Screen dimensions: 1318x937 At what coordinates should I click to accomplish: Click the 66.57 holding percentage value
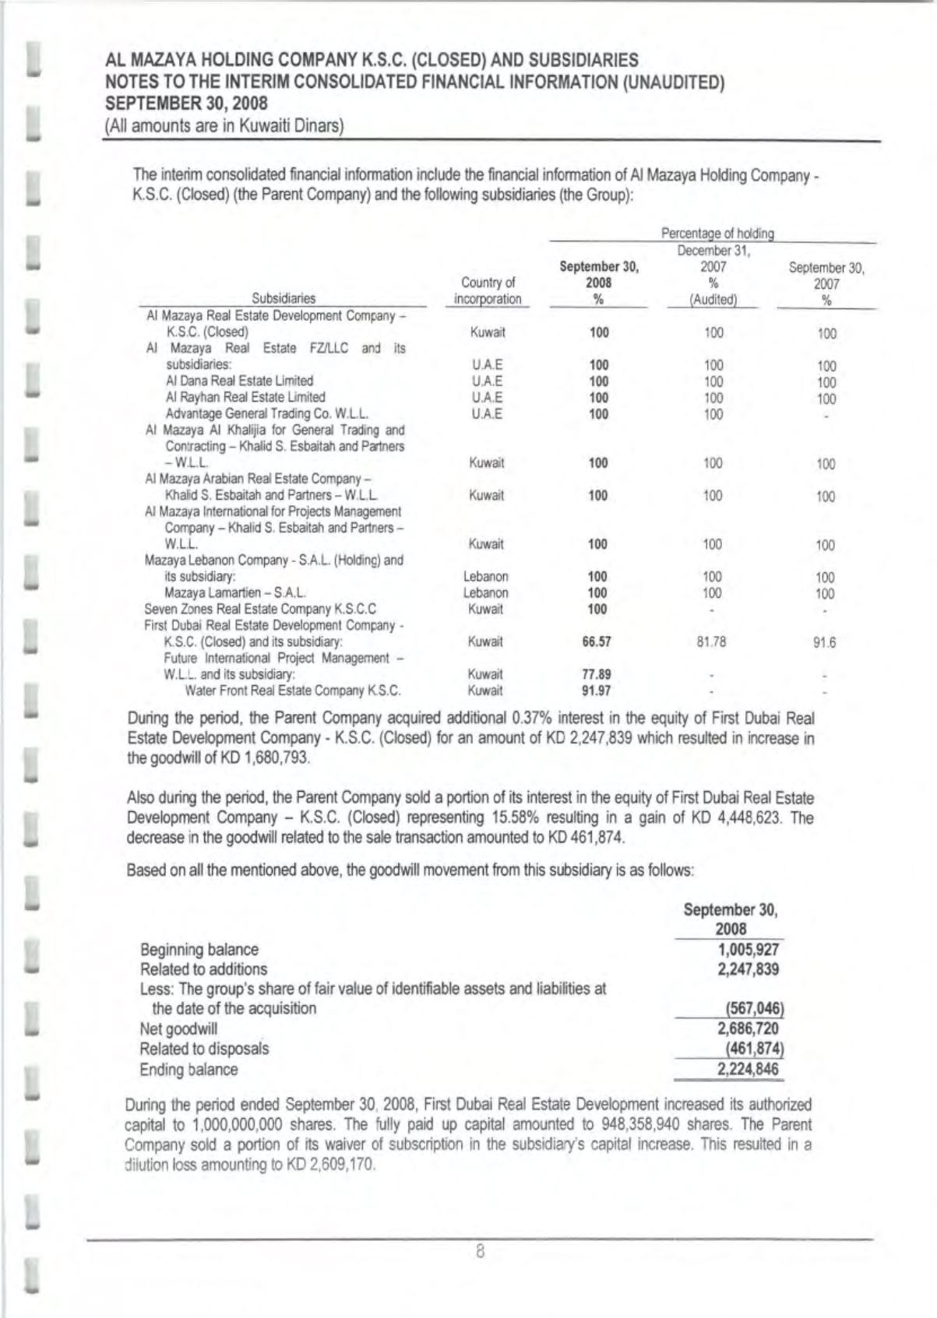[x=597, y=642]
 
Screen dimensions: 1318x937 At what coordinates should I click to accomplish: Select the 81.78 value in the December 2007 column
[x=713, y=642]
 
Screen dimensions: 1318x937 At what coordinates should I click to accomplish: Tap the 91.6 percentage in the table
[x=826, y=643]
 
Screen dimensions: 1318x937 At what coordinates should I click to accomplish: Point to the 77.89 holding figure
[x=597, y=674]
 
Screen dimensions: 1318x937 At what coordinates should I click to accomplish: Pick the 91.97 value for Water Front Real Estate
[x=597, y=690]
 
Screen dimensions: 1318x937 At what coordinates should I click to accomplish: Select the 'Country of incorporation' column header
[x=488, y=290]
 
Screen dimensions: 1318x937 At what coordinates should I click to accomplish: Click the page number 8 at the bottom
[x=481, y=1253]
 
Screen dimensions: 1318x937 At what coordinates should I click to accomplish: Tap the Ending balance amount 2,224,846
[x=749, y=1069]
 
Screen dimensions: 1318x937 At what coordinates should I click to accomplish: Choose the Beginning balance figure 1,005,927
[x=749, y=949]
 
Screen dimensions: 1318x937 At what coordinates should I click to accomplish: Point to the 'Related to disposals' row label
[x=204, y=1048]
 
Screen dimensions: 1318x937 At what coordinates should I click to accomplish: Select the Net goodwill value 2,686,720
[x=749, y=1028]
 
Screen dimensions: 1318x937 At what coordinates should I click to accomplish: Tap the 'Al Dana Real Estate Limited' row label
[x=239, y=381]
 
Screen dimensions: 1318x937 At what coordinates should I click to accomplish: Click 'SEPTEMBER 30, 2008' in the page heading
[x=186, y=103]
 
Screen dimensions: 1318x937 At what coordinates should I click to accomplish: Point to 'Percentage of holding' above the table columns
[x=717, y=233]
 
